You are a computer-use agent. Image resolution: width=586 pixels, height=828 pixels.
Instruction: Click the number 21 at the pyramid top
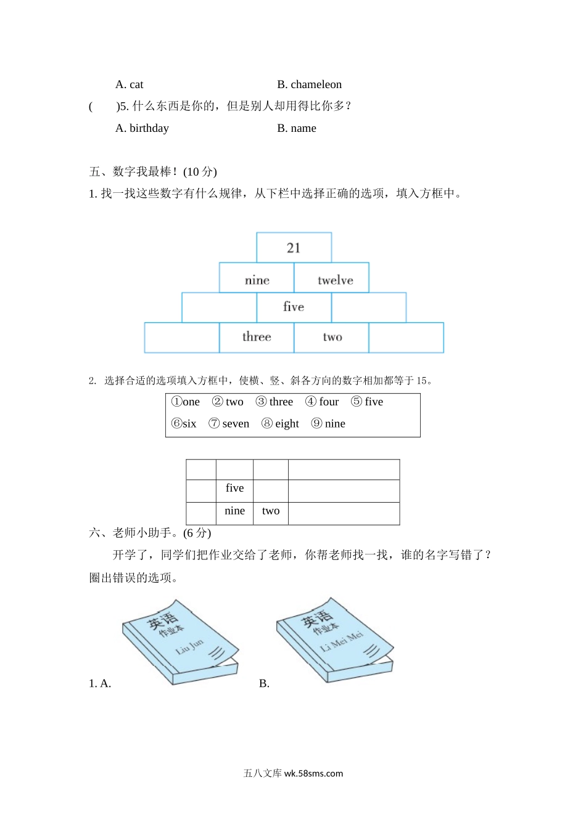(294, 248)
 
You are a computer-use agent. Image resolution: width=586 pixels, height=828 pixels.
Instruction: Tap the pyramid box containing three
(257, 337)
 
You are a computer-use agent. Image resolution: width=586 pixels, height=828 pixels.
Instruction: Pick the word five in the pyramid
(294, 307)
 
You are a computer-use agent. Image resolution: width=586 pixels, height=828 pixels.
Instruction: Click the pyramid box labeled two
(332, 337)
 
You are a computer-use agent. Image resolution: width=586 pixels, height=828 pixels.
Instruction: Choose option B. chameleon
(309, 84)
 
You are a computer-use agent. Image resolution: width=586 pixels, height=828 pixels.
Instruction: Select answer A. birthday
(142, 128)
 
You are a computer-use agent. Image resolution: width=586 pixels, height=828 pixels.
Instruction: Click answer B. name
(297, 128)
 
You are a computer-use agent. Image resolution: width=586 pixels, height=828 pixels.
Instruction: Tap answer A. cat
(130, 84)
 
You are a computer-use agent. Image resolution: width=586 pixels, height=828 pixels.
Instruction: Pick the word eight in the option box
(287, 423)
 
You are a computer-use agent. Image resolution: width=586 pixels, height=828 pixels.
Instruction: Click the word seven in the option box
(236, 423)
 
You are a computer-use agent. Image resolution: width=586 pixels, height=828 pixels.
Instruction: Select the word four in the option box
(329, 402)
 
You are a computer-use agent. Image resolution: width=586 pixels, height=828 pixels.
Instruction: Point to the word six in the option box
(189, 423)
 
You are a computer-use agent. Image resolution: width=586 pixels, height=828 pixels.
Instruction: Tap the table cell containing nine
(234, 511)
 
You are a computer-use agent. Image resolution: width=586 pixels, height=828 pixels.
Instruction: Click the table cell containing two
(271, 511)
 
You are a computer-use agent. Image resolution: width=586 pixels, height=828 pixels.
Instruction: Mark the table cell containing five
(234, 488)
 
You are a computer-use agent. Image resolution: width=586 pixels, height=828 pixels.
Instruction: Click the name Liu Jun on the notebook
(189, 646)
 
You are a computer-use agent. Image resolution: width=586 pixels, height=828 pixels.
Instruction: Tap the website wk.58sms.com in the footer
(313, 774)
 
